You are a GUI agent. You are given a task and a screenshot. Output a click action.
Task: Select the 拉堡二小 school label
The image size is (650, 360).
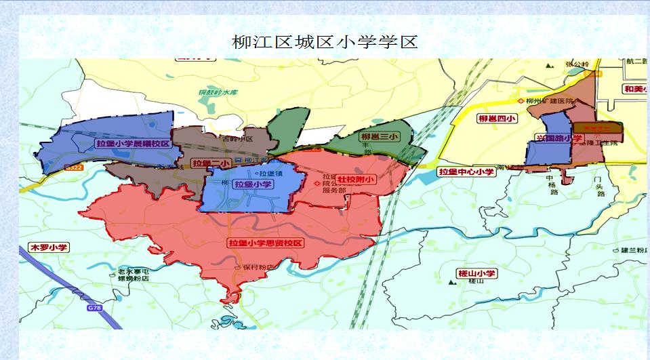pyautogui.click(x=210, y=163)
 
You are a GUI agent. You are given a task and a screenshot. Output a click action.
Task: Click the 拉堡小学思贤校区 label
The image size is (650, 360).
pyautogui.click(x=265, y=242)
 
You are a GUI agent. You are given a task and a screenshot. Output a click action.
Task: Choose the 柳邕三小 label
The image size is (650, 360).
pyautogui.click(x=380, y=136)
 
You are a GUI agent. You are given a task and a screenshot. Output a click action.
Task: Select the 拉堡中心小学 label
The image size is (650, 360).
pyautogui.click(x=467, y=172)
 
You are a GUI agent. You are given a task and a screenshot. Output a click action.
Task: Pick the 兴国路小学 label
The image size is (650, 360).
pyautogui.click(x=559, y=138)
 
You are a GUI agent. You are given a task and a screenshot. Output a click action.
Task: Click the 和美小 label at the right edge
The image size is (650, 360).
pyautogui.click(x=636, y=89)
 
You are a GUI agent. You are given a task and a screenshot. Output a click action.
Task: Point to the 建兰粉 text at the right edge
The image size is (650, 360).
pyautogui.click(x=634, y=250)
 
